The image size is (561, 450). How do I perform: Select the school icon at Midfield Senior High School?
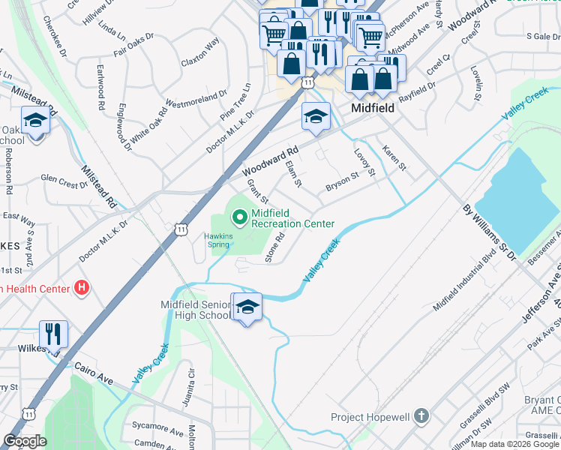coord(247,307)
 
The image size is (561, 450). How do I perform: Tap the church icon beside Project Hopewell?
coord(421,415)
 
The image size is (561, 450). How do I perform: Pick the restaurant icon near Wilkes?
coord(53,332)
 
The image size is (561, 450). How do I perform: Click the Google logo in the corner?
coord(24,441)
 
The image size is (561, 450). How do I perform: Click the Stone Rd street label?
coord(275,248)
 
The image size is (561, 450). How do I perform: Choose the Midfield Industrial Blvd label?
coord(465,282)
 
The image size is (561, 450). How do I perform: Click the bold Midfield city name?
coord(373,108)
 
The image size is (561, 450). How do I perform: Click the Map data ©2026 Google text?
coord(514,444)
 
